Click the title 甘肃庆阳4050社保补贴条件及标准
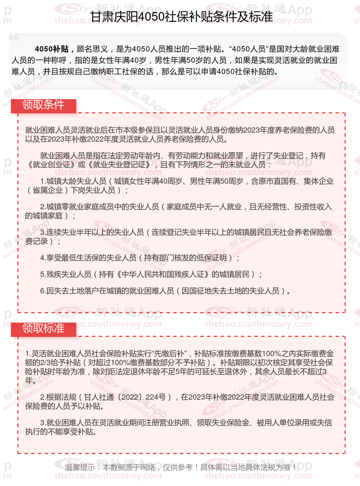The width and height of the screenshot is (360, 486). (182, 17)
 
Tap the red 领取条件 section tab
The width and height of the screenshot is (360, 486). (43, 105)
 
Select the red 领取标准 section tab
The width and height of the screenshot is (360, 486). (43, 328)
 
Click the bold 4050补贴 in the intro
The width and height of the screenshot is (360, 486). (51, 49)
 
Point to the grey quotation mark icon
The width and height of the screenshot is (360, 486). (14, 37)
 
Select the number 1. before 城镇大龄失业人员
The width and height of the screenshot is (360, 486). (43, 181)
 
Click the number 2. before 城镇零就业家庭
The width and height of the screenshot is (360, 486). (43, 207)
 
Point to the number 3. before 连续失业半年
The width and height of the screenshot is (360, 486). (43, 232)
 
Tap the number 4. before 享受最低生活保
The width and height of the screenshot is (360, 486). (43, 258)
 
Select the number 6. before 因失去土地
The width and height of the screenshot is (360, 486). (43, 291)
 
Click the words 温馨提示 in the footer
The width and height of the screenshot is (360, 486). (80, 467)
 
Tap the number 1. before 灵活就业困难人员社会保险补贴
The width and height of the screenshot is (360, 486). (28, 353)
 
